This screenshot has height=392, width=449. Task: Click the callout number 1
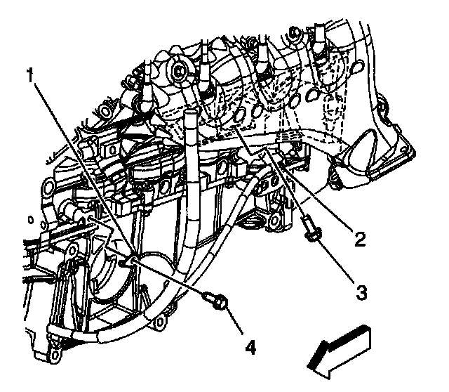(30, 73)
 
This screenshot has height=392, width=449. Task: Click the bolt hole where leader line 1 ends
(127, 261)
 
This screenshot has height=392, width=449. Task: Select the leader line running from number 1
(77, 165)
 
